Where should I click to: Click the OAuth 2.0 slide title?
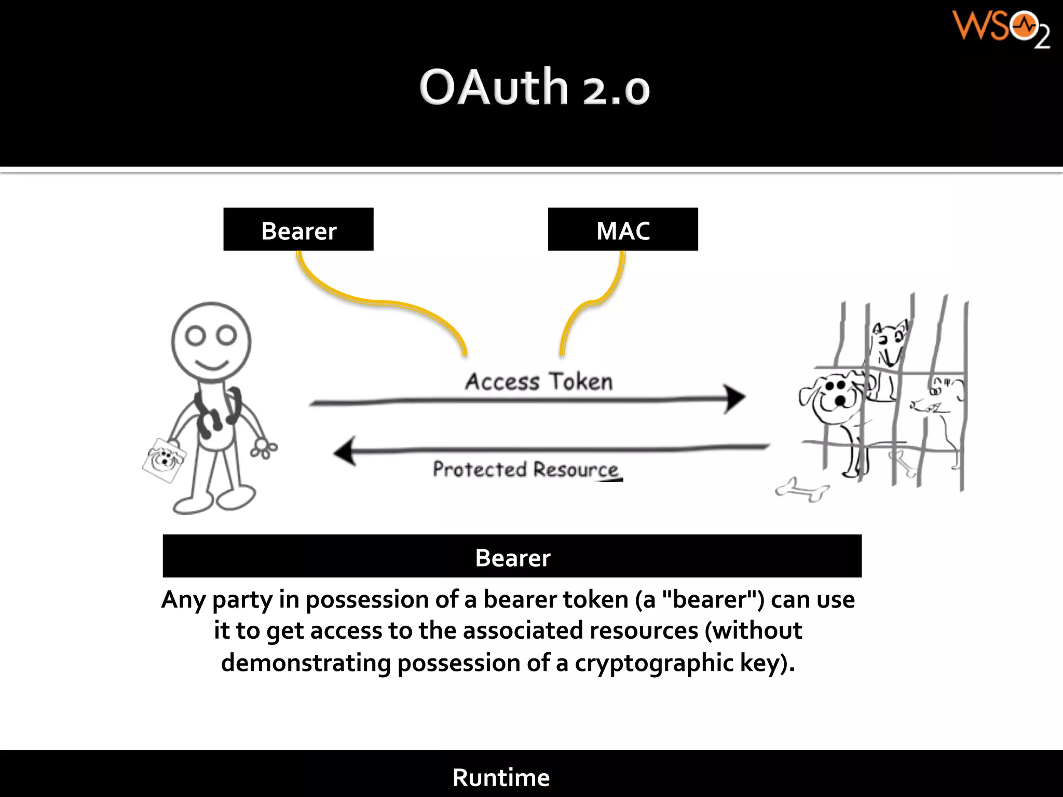[534, 87]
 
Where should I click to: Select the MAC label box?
[622, 229]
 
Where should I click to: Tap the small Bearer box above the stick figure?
[298, 229]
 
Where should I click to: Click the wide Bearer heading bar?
[512, 556]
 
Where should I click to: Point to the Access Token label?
[538, 381]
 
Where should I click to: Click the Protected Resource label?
[525, 469]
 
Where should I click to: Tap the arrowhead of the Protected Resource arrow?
[345, 451]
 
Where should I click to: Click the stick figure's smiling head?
[211, 341]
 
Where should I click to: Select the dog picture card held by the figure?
[163, 460]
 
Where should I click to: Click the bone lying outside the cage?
[802, 490]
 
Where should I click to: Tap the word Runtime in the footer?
[500, 777]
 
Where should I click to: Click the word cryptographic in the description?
[653, 663]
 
